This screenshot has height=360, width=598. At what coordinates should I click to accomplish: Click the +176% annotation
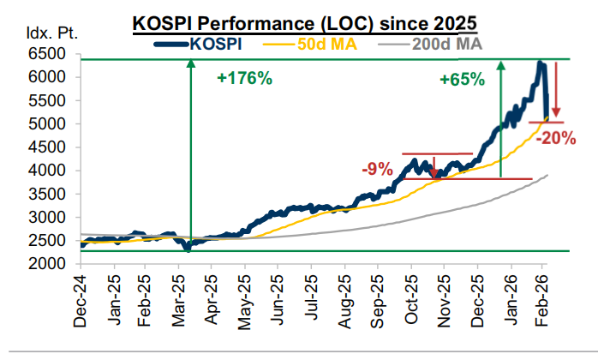click(x=244, y=79)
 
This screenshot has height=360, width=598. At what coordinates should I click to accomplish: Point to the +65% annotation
click(x=462, y=79)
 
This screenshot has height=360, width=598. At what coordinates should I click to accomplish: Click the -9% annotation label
click(x=377, y=169)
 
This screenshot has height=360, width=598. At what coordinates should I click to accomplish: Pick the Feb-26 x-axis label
click(x=542, y=302)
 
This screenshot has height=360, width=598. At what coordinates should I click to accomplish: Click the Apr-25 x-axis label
click(x=211, y=302)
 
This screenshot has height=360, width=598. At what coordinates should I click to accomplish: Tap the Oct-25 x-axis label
click(x=410, y=302)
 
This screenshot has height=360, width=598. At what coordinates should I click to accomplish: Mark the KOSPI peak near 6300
click(x=540, y=63)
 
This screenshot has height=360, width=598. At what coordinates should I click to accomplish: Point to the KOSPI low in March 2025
click(x=188, y=249)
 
